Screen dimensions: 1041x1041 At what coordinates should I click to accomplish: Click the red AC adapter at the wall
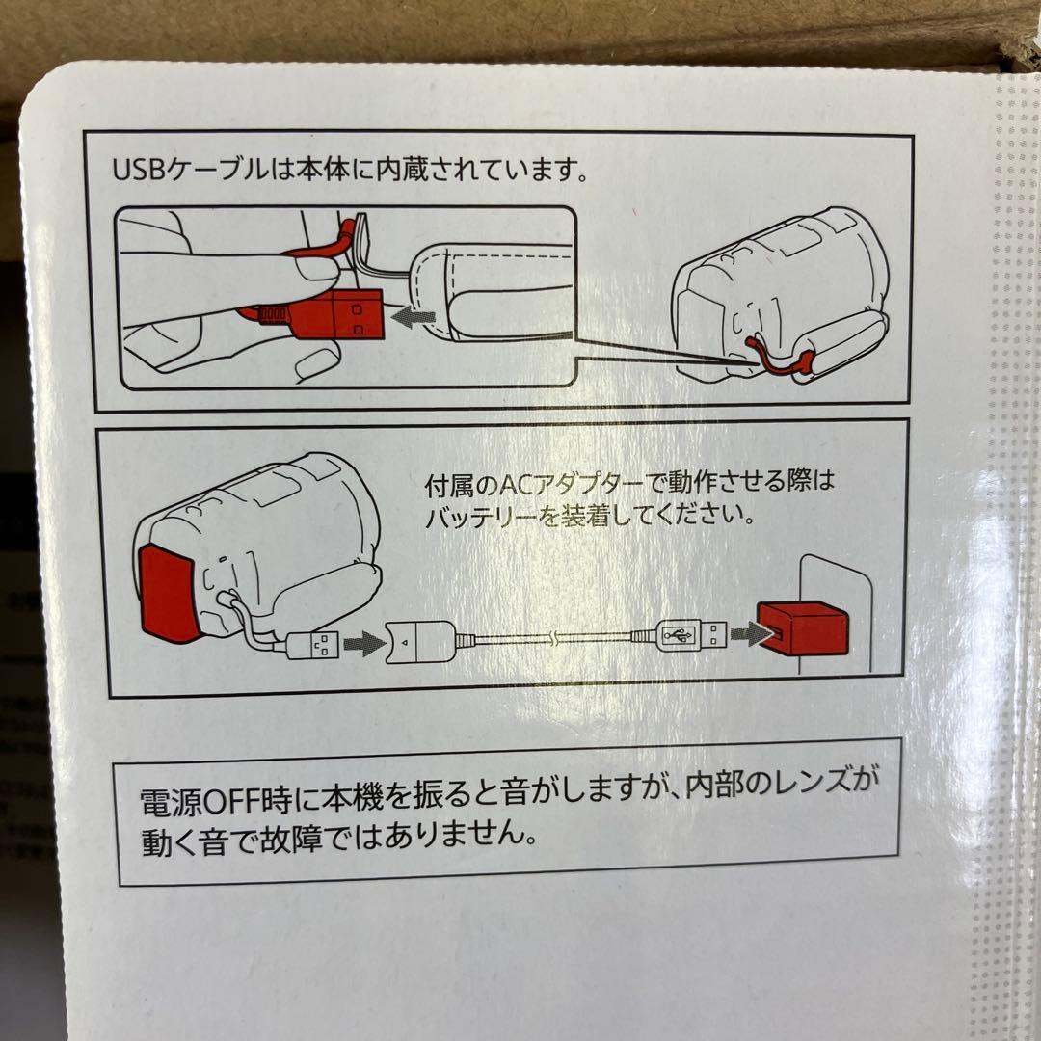tap(803, 628)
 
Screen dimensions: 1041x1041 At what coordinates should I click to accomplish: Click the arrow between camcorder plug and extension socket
tap(364, 643)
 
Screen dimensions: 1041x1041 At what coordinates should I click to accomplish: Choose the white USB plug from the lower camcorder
tap(312, 644)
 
